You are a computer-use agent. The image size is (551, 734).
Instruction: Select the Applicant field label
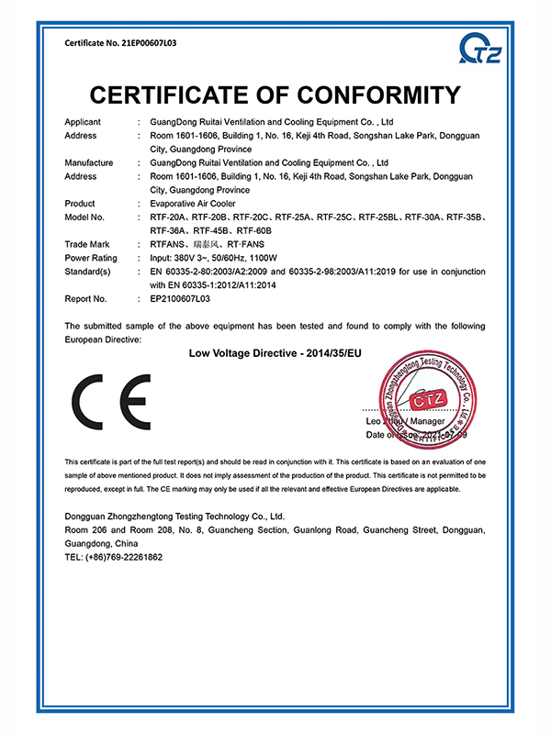pyautogui.click(x=83, y=122)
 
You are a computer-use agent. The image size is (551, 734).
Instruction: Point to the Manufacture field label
pyautogui.click(x=89, y=162)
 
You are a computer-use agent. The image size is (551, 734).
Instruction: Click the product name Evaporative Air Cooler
pyautogui.click(x=192, y=204)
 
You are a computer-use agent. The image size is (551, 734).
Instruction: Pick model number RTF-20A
pyautogui.click(x=168, y=217)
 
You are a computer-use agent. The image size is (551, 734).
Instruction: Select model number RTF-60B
pyautogui.click(x=259, y=230)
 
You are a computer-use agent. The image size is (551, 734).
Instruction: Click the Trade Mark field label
pyautogui.click(x=88, y=244)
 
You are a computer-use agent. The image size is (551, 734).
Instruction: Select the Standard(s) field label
pyautogui.click(x=88, y=272)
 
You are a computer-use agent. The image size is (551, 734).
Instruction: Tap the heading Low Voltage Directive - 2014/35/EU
pyautogui.click(x=275, y=352)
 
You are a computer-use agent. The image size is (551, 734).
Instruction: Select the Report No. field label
pyautogui.click(x=86, y=298)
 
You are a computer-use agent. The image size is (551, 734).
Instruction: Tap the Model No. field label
pyautogui.click(x=85, y=217)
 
